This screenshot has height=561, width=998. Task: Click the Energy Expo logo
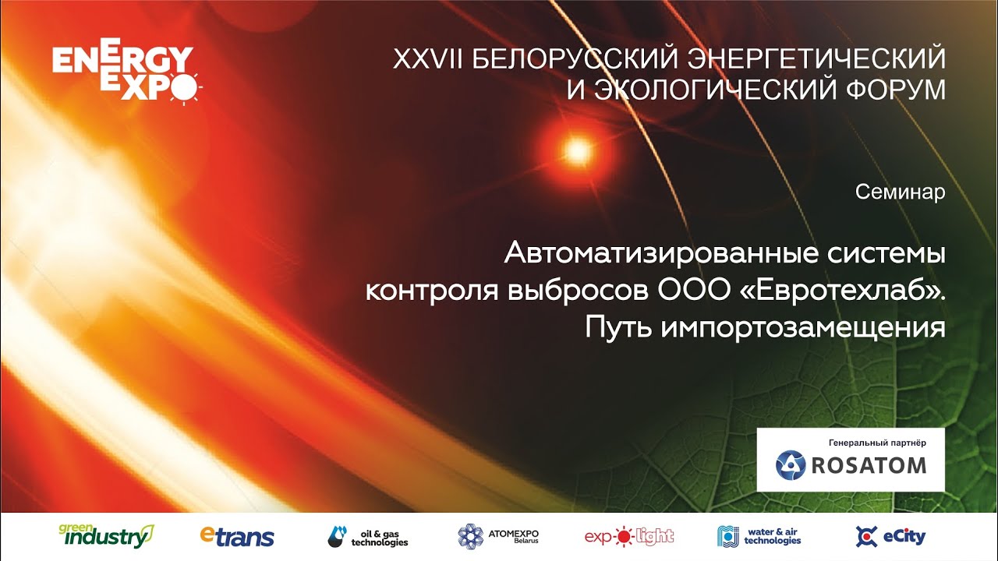coord(127,71)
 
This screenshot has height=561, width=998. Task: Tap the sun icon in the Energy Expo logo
coord(183,88)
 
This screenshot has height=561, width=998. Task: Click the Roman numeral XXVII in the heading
coord(428,59)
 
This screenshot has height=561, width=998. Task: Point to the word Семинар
coord(900,192)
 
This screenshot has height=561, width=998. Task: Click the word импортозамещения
coord(802,328)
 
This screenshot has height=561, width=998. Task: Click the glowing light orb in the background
coord(578,151)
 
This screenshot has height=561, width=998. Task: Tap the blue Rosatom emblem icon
coord(791,465)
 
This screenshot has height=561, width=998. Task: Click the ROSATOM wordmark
coord(869,466)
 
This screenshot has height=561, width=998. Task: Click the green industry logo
coord(107,536)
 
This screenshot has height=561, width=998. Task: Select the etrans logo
coord(237,537)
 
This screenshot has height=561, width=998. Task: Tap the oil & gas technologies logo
coord(368,537)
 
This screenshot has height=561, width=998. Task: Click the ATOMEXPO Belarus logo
coord(498,536)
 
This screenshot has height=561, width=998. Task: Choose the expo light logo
coord(629,537)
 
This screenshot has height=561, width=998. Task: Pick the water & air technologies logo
coord(759,537)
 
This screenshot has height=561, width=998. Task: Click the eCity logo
coord(890,537)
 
